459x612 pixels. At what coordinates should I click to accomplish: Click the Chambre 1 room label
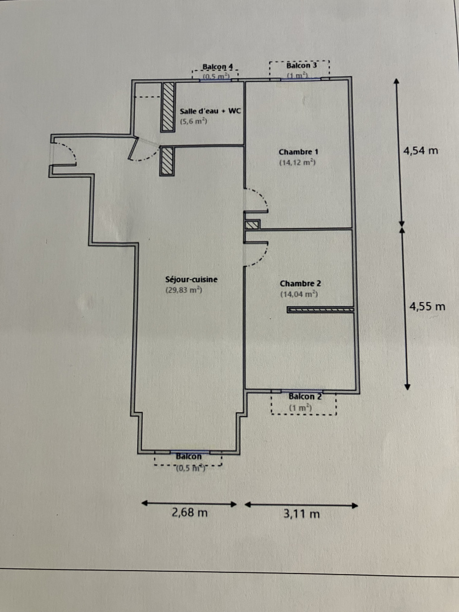(298, 152)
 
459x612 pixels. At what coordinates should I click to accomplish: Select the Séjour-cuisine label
(192, 279)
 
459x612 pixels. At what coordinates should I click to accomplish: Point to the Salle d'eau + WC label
(210, 111)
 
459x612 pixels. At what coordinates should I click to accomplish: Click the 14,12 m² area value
(297, 163)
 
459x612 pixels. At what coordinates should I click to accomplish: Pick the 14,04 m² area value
(299, 294)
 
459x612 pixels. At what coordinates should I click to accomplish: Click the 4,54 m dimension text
(420, 151)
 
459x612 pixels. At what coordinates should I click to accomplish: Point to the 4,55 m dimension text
(427, 307)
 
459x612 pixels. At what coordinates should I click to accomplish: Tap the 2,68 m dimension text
(189, 513)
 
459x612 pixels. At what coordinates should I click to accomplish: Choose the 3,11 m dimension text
(301, 515)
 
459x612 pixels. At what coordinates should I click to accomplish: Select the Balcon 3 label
(301, 65)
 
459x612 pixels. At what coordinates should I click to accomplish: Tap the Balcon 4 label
(218, 67)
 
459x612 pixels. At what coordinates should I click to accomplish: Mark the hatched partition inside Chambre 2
(320, 310)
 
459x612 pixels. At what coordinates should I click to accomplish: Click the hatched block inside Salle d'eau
(167, 107)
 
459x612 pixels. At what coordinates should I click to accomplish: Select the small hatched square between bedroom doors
(252, 225)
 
